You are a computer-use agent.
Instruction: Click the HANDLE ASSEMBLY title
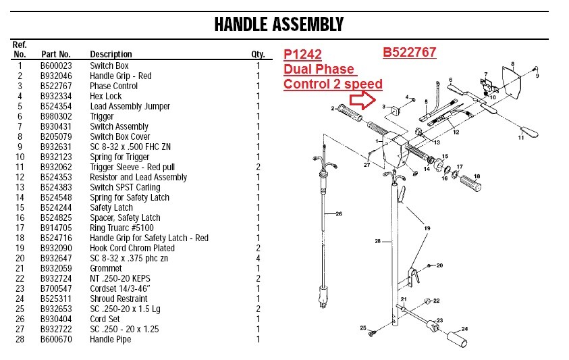coord(278,25)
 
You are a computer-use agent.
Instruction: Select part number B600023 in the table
coord(55,66)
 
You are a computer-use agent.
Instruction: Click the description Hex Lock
coord(106,96)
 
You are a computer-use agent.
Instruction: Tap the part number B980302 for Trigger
coord(55,116)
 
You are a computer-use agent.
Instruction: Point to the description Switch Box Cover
coord(119,136)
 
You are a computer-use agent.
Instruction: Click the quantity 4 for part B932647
coord(258,258)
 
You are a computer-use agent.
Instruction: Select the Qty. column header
coord(257,54)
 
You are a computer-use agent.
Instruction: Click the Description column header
coord(111,54)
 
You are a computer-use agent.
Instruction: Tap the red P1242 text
coord(302,55)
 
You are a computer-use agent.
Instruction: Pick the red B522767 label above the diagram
coord(409,52)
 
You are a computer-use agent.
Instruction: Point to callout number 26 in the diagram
coord(339,215)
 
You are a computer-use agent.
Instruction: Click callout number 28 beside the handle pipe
coord(378,240)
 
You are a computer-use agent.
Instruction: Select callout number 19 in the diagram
coord(427,229)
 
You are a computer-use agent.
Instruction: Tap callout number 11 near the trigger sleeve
coord(520,138)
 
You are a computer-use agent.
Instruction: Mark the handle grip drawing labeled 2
coord(352,111)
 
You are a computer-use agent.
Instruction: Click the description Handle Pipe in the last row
coord(110,339)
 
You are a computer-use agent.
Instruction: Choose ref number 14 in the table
coord(20,197)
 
